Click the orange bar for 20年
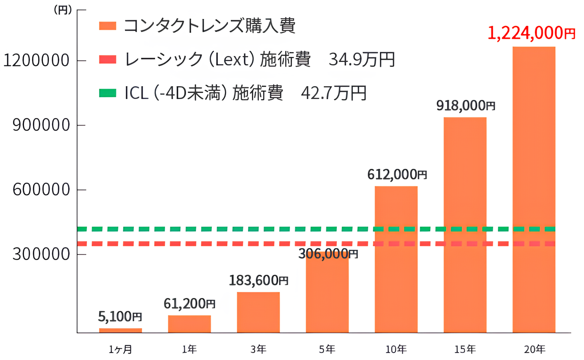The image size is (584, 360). point(534,189)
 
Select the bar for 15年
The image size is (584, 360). point(465,224)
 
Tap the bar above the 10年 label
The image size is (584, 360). point(396,258)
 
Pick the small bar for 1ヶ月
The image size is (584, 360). point(121,330)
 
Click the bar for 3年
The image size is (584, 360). point(258,312)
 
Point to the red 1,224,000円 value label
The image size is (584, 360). point(531,33)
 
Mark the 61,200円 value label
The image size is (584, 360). point(189,304)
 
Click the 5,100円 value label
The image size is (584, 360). point(120,317)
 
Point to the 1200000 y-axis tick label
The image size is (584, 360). point(36,61)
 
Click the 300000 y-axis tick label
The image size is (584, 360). point(41,254)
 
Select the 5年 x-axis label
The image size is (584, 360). point(327,349)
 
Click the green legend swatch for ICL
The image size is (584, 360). point(108,93)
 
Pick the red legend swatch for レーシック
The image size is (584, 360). point(108,60)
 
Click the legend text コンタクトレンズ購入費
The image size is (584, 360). point(210,26)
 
